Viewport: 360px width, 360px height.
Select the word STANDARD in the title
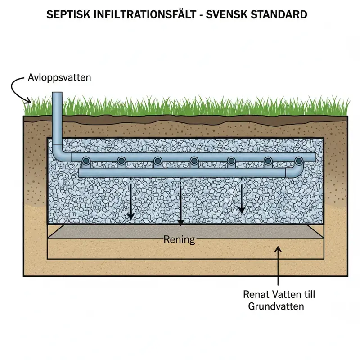coord(278,14)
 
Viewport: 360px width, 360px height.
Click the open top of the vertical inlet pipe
coord(57,93)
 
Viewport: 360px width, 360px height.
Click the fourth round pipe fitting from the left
coord(194,161)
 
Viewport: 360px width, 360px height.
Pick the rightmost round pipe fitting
coord(298,161)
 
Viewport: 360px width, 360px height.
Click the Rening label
coord(179,239)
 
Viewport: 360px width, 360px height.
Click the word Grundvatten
coord(276,307)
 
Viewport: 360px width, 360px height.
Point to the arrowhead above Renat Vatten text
coord(279,247)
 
